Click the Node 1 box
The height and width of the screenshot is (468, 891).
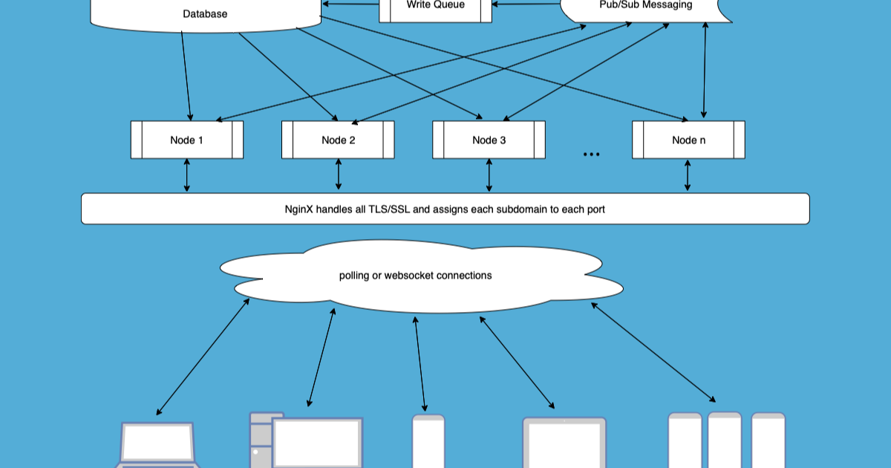click(187, 140)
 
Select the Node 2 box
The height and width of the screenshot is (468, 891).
click(338, 140)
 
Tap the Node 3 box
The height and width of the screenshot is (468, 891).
click(489, 140)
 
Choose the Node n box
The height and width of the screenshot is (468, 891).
click(688, 140)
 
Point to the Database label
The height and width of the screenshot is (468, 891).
click(205, 14)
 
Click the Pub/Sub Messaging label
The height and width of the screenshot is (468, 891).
click(645, 5)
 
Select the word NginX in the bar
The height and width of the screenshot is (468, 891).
click(298, 209)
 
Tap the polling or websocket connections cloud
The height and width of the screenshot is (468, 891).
click(416, 276)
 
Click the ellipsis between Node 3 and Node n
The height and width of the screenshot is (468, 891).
click(591, 155)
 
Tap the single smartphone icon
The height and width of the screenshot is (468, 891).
click(428, 442)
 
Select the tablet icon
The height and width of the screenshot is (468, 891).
click(564, 443)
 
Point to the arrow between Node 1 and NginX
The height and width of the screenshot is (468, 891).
click(186, 175)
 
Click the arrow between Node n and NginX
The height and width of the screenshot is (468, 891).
click(688, 175)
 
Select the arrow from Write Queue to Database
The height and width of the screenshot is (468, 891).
click(350, 5)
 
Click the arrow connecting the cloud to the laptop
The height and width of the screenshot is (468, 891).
click(203, 357)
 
